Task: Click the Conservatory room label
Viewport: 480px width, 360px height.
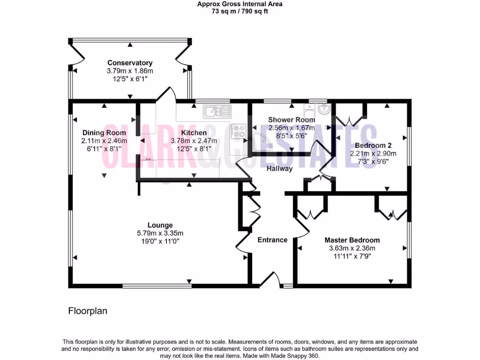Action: pyautogui.click(x=130, y=63)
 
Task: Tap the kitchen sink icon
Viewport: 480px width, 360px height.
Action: pyautogui.click(x=217, y=112)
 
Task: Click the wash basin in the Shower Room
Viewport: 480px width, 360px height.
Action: pyautogui.click(x=324, y=109)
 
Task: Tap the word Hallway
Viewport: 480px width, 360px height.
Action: pyautogui.click(x=279, y=168)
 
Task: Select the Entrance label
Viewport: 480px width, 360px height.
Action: pyautogui.click(x=272, y=240)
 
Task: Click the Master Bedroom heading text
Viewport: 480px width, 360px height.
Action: pyautogui.click(x=352, y=240)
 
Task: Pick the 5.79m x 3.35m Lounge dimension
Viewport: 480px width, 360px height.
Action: pyautogui.click(x=160, y=233)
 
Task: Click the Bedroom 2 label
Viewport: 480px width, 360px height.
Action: pyautogui.click(x=373, y=145)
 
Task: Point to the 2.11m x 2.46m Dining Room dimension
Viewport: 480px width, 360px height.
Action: pyautogui.click(x=104, y=140)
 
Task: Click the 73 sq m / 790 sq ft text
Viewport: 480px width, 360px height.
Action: pyautogui.click(x=240, y=12)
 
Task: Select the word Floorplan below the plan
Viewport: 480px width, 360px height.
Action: pyautogui.click(x=88, y=311)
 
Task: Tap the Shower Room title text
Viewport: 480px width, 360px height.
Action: pyautogui.click(x=291, y=120)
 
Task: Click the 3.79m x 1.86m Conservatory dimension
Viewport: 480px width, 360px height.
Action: pyautogui.click(x=130, y=71)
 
